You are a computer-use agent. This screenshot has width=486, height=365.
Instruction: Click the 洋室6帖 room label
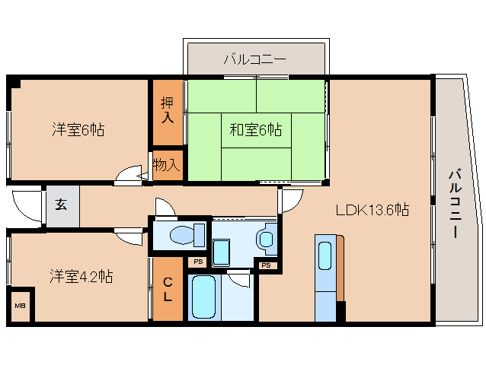[x=78, y=130]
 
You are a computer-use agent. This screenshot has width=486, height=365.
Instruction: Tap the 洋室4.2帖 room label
[x=82, y=275]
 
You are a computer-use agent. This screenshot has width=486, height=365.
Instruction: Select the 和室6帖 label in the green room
[x=256, y=129]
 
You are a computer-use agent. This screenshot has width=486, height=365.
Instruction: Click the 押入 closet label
[x=168, y=111]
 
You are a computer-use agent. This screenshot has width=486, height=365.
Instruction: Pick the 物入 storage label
[x=167, y=164]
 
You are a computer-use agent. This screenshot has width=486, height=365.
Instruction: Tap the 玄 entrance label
[x=61, y=205]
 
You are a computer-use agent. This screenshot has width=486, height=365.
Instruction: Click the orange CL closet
[x=168, y=289]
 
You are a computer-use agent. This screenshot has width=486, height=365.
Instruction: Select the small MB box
[x=20, y=306]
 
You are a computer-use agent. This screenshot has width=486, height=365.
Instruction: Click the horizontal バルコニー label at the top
[x=254, y=59]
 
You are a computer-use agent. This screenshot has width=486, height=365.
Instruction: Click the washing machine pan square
[x=222, y=250]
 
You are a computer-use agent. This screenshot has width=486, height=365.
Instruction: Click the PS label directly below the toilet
[x=198, y=262]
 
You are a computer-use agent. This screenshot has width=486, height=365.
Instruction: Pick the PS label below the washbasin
[x=266, y=265]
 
